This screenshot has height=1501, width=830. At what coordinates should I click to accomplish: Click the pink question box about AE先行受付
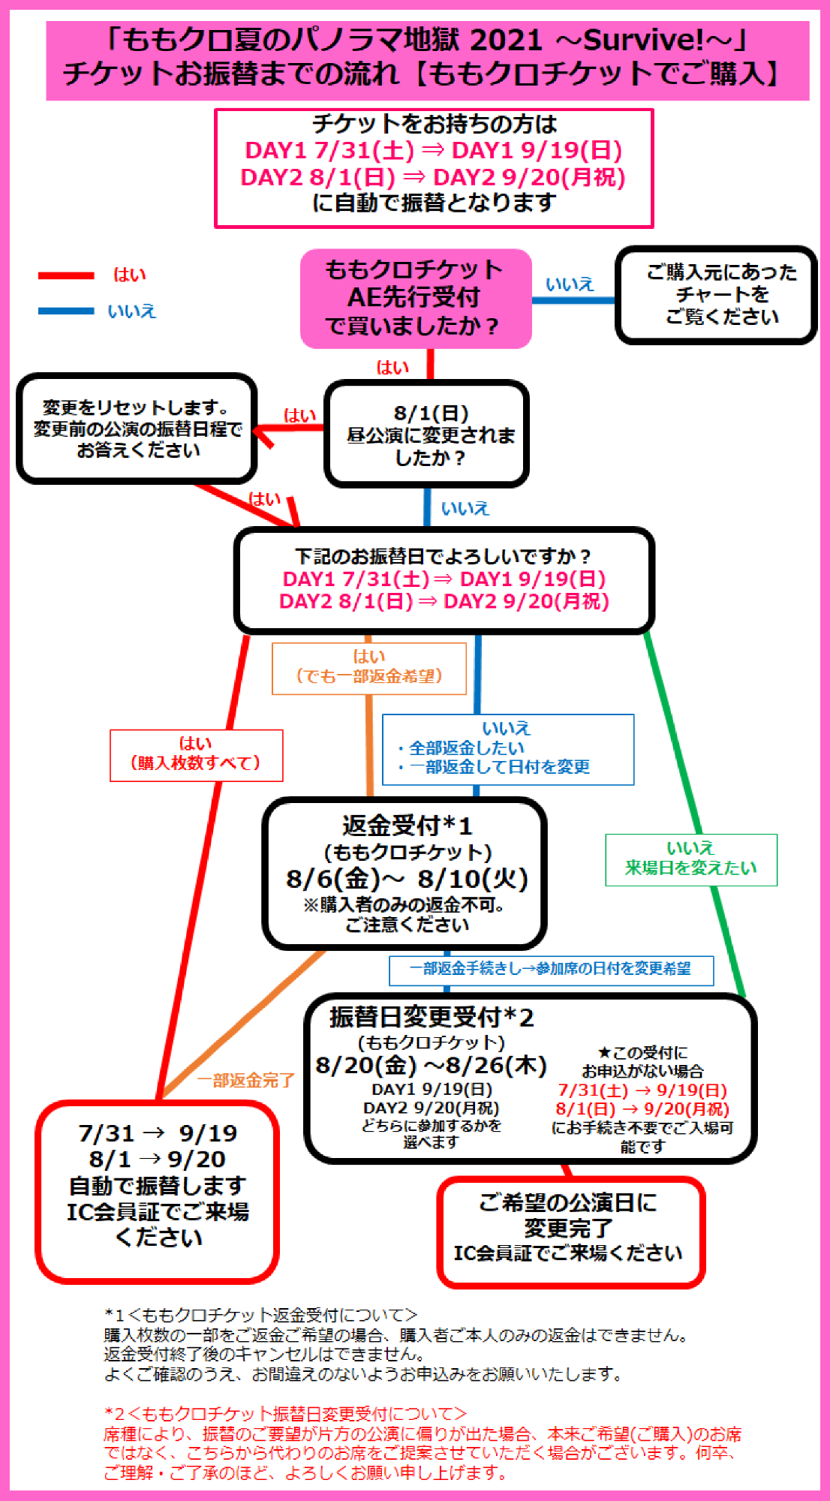point(416,299)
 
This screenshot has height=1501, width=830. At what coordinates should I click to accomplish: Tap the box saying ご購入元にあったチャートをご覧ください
point(717,295)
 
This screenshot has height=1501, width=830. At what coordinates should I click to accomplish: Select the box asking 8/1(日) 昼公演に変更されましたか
point(427,434)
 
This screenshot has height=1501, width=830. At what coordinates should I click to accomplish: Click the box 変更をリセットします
point(137,429)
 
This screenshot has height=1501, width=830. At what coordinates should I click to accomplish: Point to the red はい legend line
point(66,275)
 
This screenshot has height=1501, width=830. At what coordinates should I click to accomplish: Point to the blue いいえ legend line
point(66,311)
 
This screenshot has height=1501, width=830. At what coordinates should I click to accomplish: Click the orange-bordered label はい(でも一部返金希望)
point(369,668)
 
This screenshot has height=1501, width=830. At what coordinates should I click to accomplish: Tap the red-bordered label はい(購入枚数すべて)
point(197,755)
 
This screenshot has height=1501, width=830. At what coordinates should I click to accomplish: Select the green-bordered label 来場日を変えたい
point(691,860)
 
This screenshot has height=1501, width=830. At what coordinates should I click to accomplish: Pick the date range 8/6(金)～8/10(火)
point(407,878)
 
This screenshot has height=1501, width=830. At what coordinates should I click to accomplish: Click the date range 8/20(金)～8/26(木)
point(431,1065)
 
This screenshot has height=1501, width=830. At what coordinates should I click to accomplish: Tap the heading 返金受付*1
point(407,826)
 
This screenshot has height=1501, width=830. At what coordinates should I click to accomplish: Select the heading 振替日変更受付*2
point(432,1017)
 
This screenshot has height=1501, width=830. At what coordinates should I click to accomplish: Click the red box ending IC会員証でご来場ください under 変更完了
point(571,1232)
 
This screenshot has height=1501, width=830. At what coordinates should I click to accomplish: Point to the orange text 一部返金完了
point(246,1080)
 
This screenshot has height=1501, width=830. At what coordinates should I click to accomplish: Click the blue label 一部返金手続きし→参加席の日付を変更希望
point(551,970)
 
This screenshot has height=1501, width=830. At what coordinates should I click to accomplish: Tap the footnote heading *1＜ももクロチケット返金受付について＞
point(260,1315)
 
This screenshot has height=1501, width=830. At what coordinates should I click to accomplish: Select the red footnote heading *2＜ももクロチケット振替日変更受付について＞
point(285,1414)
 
